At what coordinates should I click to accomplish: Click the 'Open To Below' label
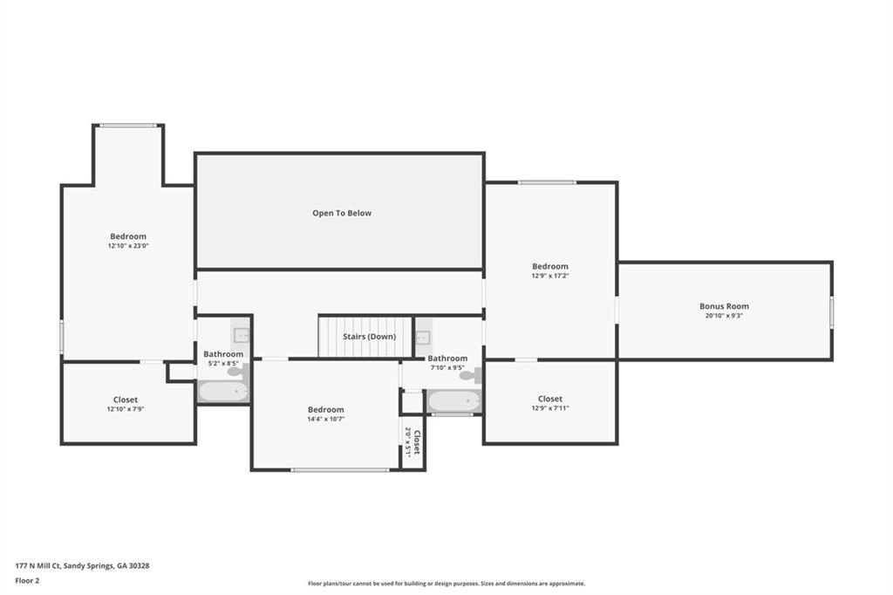(342, 213)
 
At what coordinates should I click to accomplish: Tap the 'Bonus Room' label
(724, 306)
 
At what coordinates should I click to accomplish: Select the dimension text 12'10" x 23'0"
(128, 246)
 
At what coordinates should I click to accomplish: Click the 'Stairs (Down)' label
(369, 337)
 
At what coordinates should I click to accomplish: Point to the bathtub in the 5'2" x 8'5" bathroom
(223, 391)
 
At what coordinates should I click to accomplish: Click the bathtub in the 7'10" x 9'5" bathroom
(453, 401)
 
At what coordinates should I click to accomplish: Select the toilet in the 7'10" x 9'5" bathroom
(469, 376)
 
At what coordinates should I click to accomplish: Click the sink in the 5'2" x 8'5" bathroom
(242, 334)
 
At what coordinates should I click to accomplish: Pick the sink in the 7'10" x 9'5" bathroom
(424, 337)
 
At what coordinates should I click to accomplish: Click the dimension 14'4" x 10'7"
(325, 419)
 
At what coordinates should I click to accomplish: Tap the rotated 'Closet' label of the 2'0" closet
(417, 441)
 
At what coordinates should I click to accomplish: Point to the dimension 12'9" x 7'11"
(549, 408)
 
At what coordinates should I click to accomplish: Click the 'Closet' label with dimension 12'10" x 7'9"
(126, 400)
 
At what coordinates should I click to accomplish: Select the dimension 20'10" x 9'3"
(724, 316)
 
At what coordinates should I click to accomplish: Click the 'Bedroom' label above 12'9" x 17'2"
(550, 266)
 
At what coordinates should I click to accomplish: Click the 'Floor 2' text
(28, 580)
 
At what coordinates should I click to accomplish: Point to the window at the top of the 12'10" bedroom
(127, 126)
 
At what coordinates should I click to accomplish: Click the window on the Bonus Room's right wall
(831, 311)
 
